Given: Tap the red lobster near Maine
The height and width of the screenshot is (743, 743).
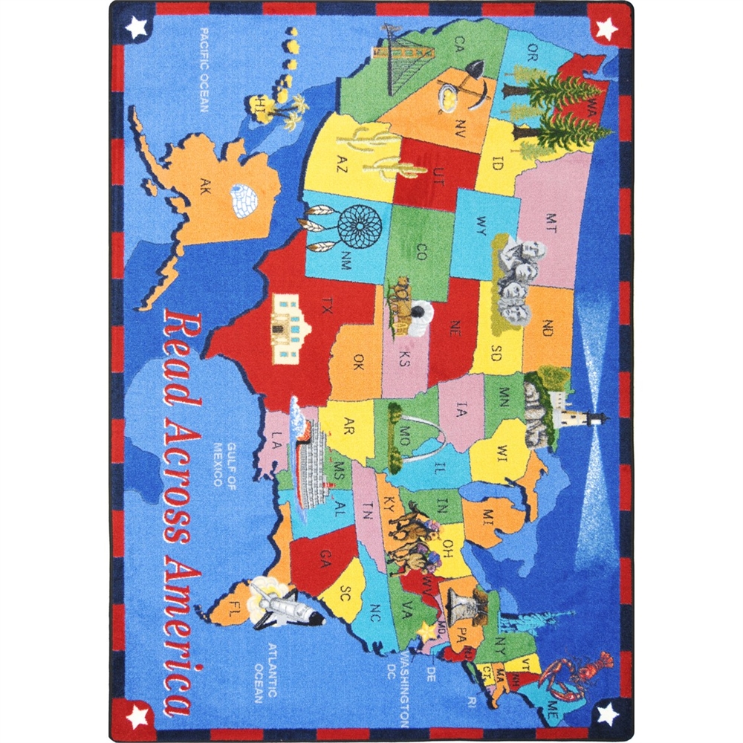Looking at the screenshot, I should pos(577,674).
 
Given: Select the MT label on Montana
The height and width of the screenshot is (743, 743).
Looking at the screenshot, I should pos(551,220).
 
